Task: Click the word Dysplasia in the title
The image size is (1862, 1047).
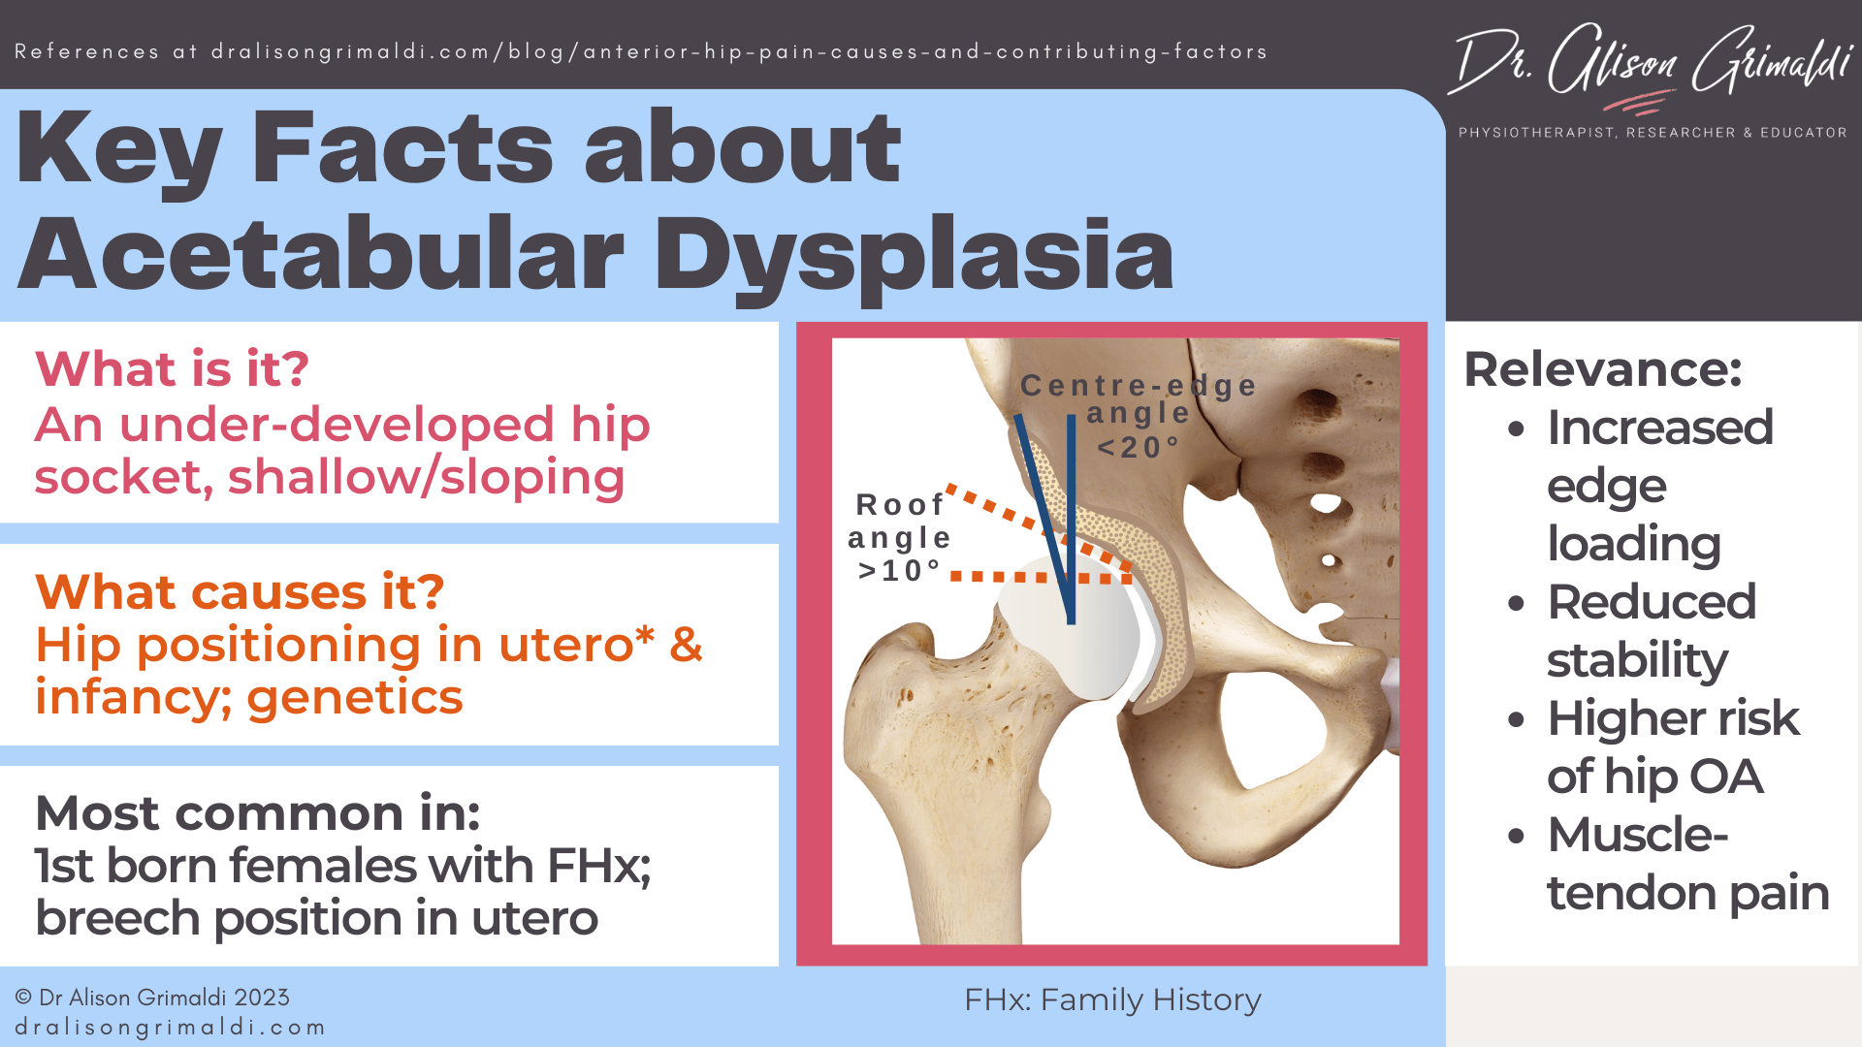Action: (x=914, y=254)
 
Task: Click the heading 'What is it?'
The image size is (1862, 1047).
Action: (x=172, y=369)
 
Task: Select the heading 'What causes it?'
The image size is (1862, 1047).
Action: (x=240, y=591)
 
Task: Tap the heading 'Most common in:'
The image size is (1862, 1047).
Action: (x=257, y=812)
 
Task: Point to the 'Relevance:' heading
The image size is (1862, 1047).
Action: (x=1602, y=369)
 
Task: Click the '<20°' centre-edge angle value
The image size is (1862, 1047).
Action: (x=1139, y=448)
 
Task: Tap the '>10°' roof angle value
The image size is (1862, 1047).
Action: (x=900, y=571)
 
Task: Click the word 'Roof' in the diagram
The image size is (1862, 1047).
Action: (x=900, y=505)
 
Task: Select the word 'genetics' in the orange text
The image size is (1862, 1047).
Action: (x=355, y=698)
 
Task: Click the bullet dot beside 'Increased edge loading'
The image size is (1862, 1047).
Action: (x=1517, y=429)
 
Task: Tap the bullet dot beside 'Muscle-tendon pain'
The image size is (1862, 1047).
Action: (x=1517, y=837)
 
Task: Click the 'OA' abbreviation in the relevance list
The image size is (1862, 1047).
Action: (x=1725, y=777)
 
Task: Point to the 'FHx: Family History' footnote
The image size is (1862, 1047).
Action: (x=1111, y=999)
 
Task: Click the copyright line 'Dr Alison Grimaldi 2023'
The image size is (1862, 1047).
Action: (x=152, y=998)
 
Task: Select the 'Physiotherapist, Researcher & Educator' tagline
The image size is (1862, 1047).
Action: (x=1653, y=133)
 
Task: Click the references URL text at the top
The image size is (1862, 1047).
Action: (x=641, y=51)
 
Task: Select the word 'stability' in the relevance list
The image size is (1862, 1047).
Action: (x=1637, y=660)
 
